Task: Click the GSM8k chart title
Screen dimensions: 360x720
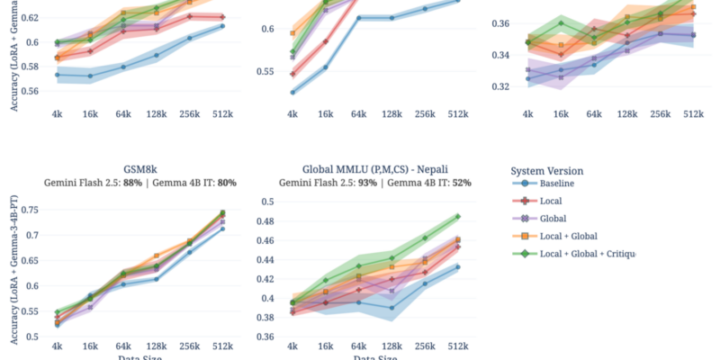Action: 142,168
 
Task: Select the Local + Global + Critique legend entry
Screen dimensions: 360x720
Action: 585,253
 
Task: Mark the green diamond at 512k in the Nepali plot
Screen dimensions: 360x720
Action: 458,216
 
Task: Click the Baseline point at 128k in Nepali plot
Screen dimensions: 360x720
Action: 391,308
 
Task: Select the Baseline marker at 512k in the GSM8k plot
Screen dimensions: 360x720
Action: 222,229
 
